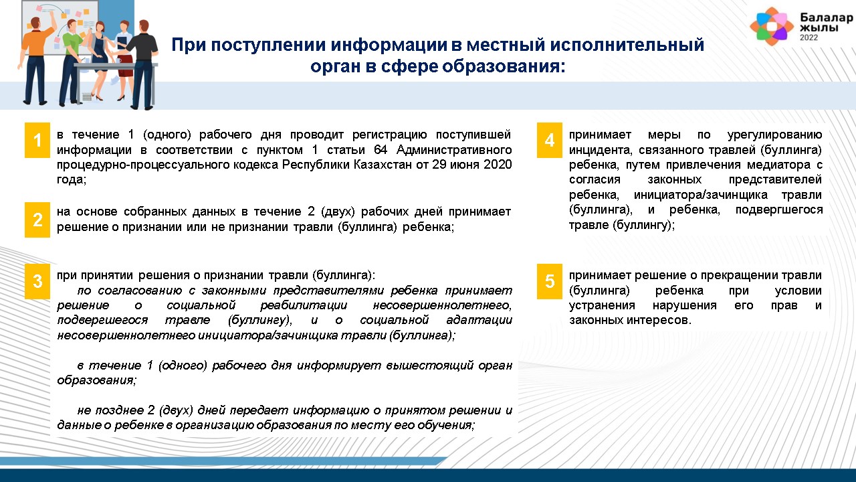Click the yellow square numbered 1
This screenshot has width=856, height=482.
tap(37, 140)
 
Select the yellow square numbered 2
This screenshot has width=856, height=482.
tap(37, 220)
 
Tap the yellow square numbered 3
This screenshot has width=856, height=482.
tap(37, 281)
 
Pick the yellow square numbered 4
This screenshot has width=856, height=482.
tap(549, 140)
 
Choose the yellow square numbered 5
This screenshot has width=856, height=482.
tap(549, 281)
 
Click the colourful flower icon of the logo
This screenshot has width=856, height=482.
tap(772, 26)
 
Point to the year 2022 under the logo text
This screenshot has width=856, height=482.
tap(809, 37)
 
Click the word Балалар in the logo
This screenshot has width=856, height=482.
tap(826, 17)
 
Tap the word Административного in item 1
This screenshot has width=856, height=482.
tap(454, 149)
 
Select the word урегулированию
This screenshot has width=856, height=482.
tap(774, 135)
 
